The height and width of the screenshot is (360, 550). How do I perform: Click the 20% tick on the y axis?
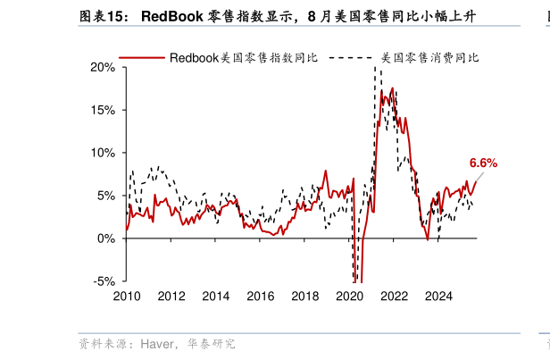103,67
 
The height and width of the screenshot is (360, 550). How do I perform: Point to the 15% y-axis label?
103,110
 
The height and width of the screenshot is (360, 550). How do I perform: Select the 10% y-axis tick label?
103,153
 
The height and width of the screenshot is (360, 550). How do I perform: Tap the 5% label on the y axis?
105,196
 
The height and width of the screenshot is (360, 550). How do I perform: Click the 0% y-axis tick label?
105,239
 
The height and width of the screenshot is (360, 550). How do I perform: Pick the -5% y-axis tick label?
104,281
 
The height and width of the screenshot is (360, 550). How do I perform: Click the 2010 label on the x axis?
126,297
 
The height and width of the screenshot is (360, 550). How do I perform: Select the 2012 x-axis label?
171,297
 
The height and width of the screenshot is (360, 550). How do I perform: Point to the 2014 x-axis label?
215,297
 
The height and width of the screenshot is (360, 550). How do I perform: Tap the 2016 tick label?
260,297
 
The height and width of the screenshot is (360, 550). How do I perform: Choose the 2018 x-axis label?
304,297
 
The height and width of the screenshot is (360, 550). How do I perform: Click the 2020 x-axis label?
349,297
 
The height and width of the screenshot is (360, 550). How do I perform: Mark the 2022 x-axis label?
394,297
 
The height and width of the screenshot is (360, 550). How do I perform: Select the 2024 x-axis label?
438,297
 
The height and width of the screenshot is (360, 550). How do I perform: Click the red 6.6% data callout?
483,163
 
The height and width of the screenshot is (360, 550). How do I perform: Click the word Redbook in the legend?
194,57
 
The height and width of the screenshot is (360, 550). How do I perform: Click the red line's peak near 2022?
391,88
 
